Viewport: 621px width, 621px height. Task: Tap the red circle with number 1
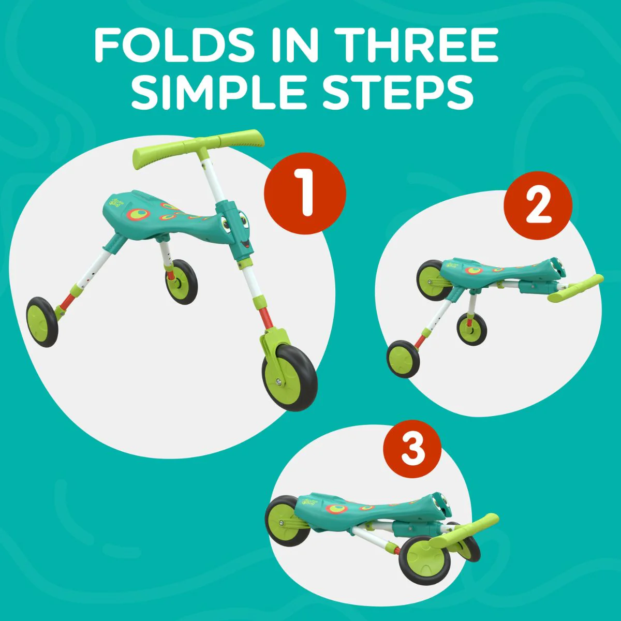coord(305,194)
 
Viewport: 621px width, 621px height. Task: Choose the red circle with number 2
coord(538,205)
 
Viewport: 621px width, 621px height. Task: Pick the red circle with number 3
coord(412,449)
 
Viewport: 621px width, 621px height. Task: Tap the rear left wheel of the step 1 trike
coord(42,322)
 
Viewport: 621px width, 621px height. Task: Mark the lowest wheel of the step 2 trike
coord(403,359)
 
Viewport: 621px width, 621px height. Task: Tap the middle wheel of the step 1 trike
coord(181,282)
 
